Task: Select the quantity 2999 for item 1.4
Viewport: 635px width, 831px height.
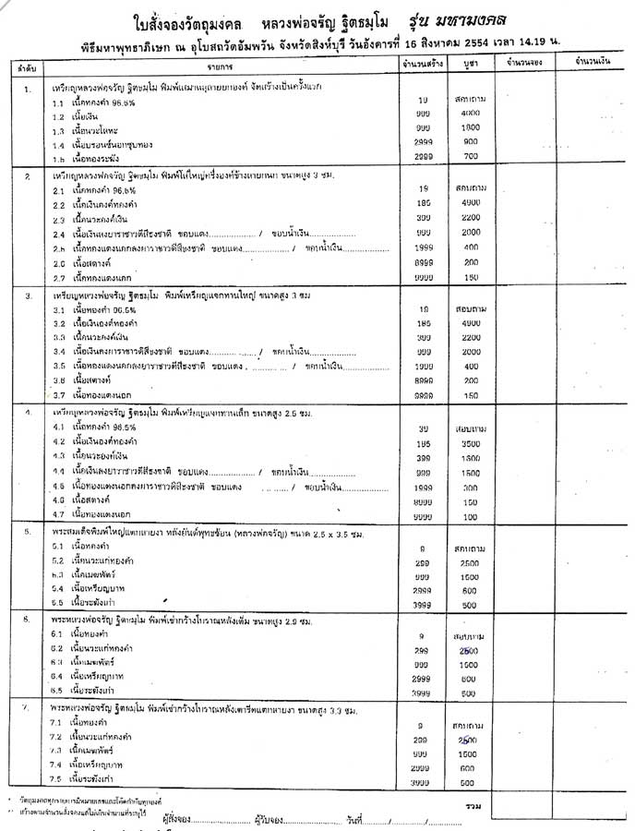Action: [423, 142]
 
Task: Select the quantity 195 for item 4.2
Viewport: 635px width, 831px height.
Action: [423, 443]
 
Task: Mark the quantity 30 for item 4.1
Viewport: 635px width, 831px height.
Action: [423, 428]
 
